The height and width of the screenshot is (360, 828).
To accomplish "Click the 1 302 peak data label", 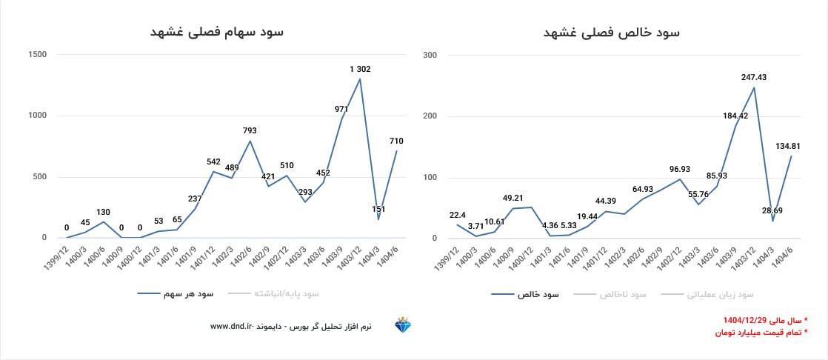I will tap(360, 69).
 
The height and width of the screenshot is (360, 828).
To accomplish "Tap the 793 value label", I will tap(250, 130).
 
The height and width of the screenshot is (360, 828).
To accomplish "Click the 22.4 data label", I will tap(457, 215).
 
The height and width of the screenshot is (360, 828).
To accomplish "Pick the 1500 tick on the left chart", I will tap(37, 55).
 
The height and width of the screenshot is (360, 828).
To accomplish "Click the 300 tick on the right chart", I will tap(430, 55).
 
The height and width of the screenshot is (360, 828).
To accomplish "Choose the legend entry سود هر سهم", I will tap(188, 294).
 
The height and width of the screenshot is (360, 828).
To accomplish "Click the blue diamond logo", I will tap(403, 326).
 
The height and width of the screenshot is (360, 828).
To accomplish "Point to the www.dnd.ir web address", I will tap(232, 326).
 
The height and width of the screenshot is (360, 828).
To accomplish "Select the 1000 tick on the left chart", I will tap(37, 116).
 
